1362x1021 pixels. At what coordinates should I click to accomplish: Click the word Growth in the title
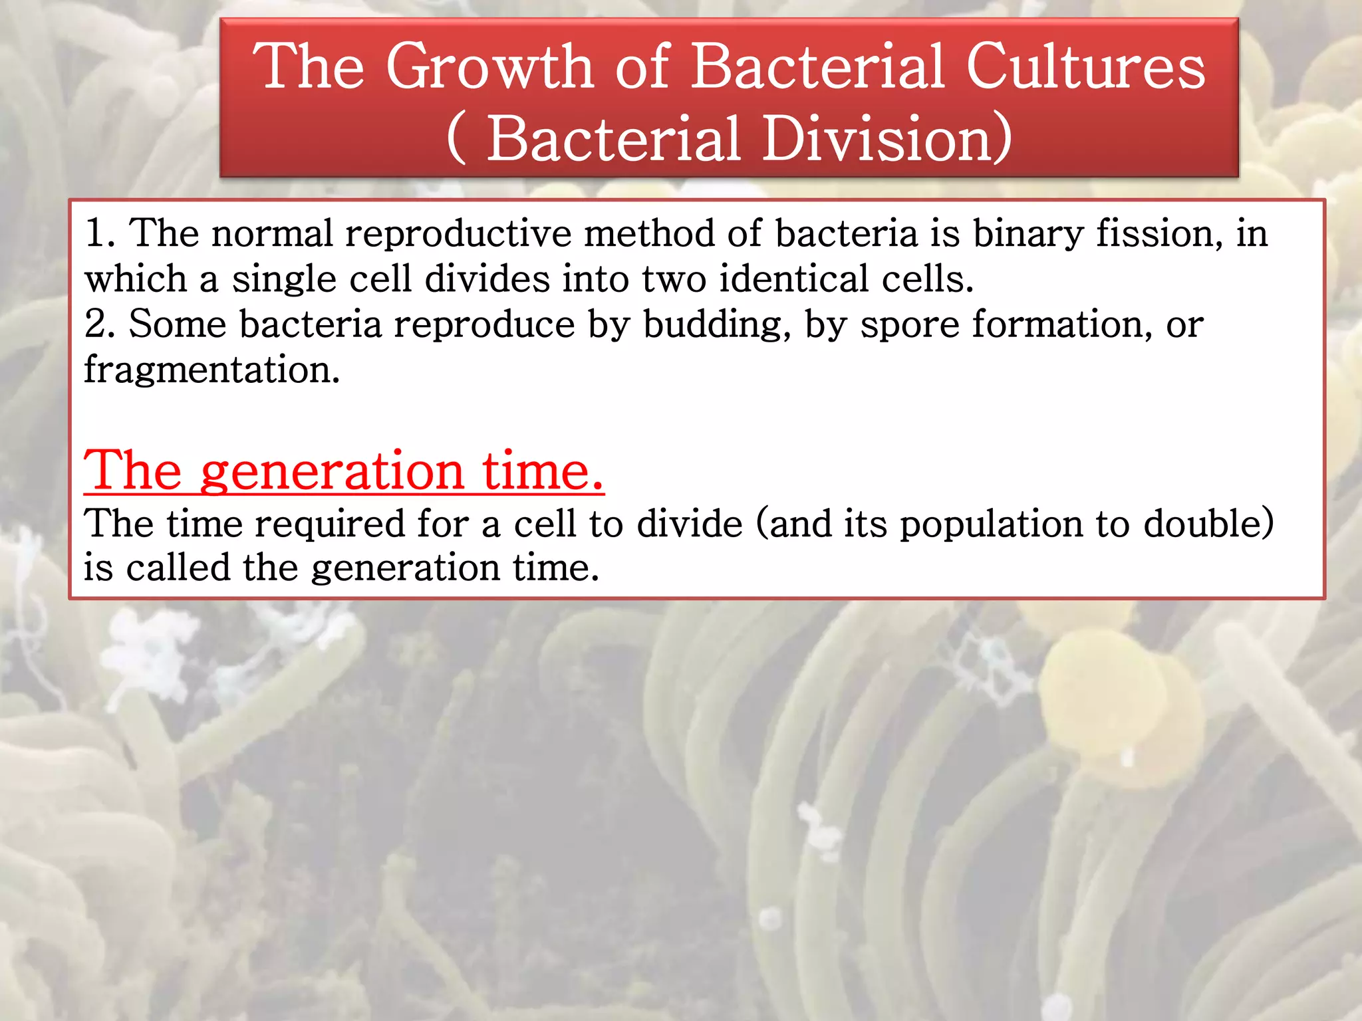pos(489,66)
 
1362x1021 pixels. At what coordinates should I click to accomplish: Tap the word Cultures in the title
pos(1085,66)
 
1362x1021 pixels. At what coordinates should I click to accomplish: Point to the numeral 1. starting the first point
pos(100,234)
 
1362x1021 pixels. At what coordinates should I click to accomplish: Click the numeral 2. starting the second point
pos(100,324)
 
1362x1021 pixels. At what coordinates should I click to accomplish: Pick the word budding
pos(717,326)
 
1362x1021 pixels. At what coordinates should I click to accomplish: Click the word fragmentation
pos(211,371)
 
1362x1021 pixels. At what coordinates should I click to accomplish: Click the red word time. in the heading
pos(543,471)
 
